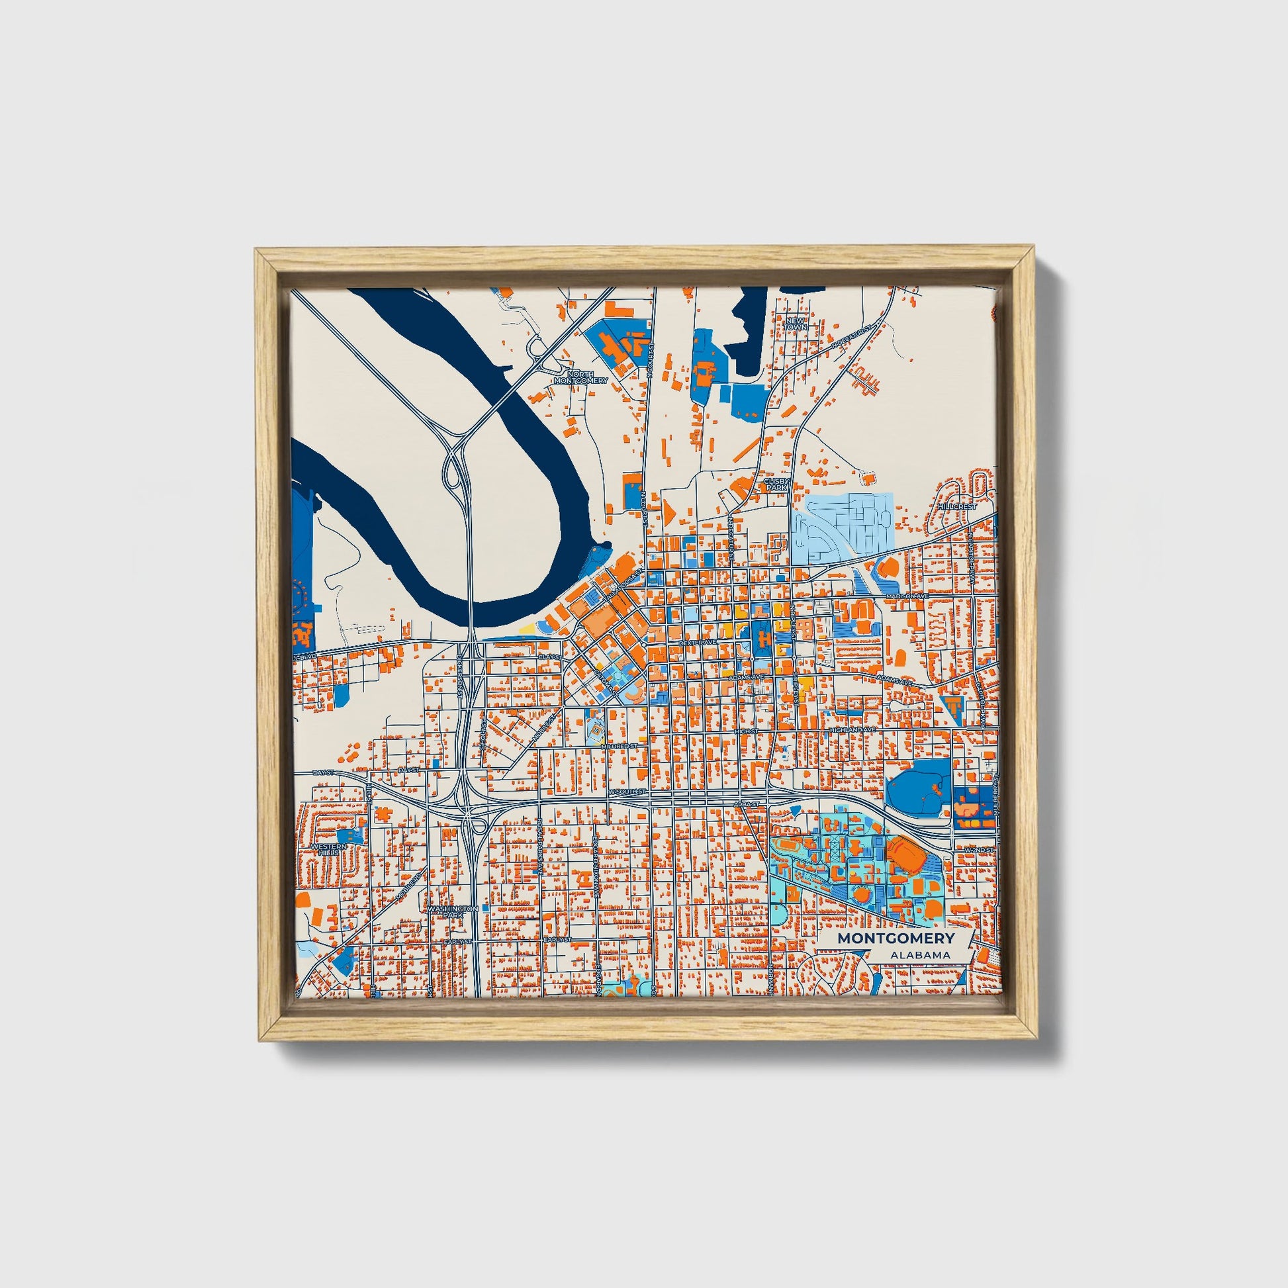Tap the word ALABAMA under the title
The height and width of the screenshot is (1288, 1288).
click(919, 955)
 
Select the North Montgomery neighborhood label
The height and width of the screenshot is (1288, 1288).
click(580, 377)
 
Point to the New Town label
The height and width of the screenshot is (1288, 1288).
click(796, 324)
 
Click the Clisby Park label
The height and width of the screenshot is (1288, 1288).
click(776, 484)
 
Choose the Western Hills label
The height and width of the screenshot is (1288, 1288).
click(330, 849)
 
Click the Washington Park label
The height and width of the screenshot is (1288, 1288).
click(453, 912)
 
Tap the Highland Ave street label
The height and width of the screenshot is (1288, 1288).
click(851, 731)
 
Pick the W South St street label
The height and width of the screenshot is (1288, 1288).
click(627, 792)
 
